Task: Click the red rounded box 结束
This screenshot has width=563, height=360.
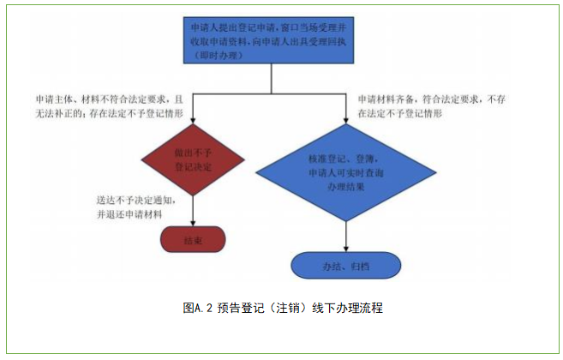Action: tap(192, 241)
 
